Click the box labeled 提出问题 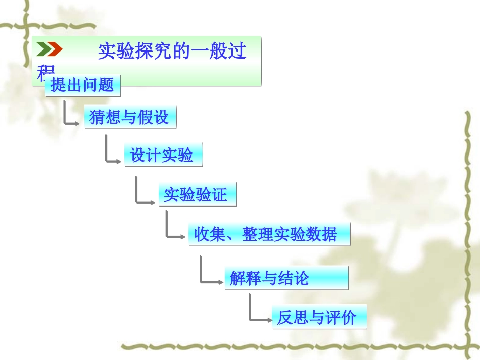click(x=82, y=85)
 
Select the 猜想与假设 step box click(x=130, y=118)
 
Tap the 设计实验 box click(x=163, y=155)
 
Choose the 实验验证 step click(x=197, y=195)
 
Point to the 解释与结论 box click(x=286, y=278)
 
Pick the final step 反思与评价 click(x=318, y=317)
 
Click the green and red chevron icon click(x=49, y=49)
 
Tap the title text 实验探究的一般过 click(x=172, y=51)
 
